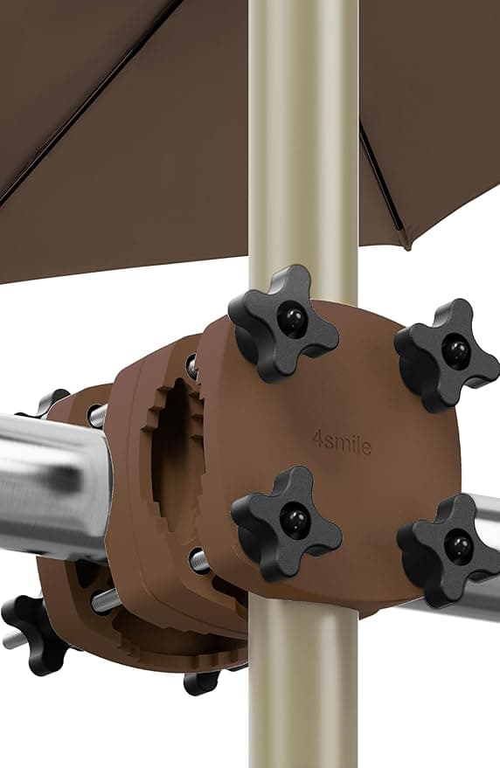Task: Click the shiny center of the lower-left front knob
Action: click(x=294, y=521)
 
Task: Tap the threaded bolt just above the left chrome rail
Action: click(x=96, y=414)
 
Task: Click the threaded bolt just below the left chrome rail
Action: click(x=105, y=598)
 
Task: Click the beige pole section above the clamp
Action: click(x=302, y=131)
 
